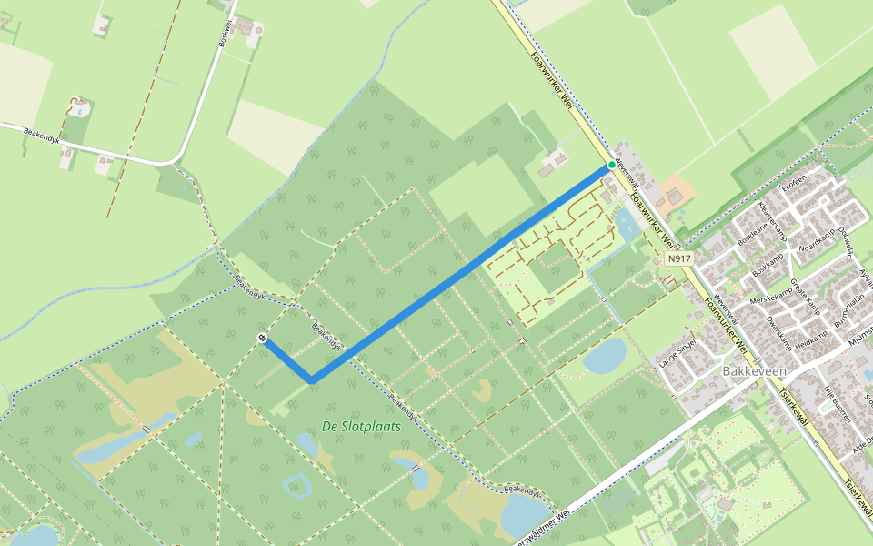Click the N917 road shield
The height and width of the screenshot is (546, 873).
[x=678, y=259]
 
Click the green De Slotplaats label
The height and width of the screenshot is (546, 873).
[x=361, y=427]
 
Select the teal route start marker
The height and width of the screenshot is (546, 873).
[x=611, y=166]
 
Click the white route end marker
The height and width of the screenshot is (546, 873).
[x=262, y=339]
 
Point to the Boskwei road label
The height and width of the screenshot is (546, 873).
[x=226, y=34]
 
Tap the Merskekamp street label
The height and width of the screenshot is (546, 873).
[x=765, y=298]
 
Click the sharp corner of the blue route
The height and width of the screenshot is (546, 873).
[x=311, y=379]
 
